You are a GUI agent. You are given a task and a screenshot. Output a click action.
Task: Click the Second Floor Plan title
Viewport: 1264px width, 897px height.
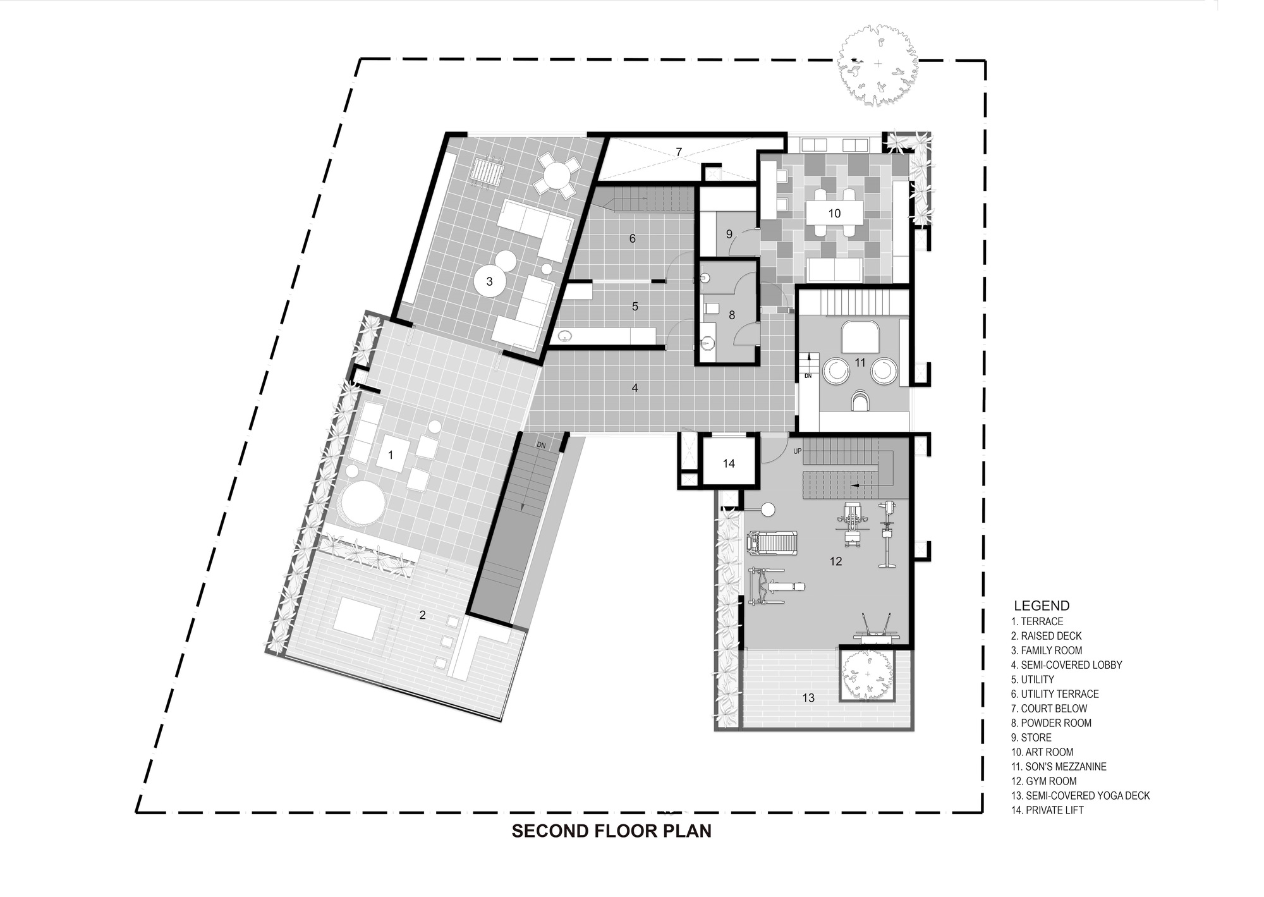tap(611, 831)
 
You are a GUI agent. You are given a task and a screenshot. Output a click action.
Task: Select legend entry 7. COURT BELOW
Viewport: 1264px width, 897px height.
tap(1049, 709)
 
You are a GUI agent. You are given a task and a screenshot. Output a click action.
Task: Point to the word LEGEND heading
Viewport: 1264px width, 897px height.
tap(1042, 606)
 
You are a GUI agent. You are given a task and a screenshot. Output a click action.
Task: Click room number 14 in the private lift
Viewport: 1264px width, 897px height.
tap(729, 463)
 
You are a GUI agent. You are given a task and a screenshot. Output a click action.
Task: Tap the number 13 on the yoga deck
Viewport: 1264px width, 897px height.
tap(808, 698)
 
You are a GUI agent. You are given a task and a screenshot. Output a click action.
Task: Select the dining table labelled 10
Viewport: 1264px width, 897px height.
tap(834, 213)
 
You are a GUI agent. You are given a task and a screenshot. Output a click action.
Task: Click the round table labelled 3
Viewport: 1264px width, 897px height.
tap(489, 282)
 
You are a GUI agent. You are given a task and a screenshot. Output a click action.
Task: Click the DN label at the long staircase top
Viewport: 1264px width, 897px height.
tap(541, 445)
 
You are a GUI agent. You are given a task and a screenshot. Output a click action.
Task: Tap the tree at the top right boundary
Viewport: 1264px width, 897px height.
tap(878, 64)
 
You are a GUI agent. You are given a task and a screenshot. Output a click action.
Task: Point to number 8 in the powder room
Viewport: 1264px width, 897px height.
tap(732, 315)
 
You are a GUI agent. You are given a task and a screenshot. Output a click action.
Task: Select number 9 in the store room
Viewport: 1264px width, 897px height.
tap(729, 234)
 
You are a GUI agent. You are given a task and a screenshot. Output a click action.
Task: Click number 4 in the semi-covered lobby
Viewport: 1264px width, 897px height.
tap(635, 387)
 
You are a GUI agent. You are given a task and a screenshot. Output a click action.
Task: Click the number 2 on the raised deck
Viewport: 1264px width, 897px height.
tap(423, 614)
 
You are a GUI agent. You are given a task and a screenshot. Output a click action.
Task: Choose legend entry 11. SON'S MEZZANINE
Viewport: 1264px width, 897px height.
tap(1059, 767)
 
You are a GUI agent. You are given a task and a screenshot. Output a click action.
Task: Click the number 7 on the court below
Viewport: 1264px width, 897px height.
tap(679, 152)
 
